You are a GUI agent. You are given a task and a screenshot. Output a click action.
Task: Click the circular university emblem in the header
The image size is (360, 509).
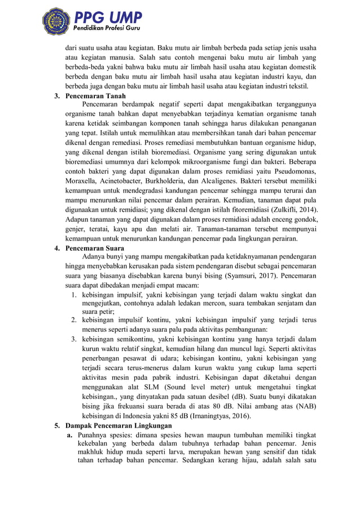[56, 21]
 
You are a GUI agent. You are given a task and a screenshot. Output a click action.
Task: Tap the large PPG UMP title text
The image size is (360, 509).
[107, 16]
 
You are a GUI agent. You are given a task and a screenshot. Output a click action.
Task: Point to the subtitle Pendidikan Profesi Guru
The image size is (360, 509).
[104, 28]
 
